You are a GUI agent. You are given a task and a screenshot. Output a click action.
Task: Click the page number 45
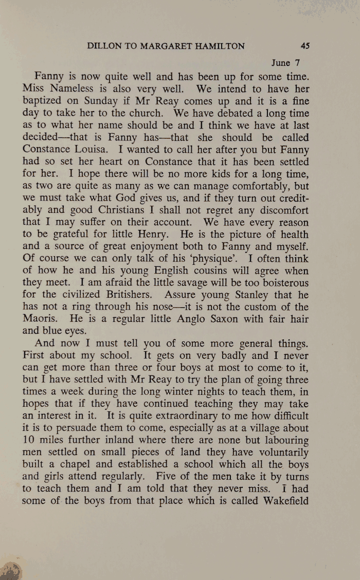pos(305,46)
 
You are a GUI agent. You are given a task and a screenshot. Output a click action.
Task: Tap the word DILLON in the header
pos(104,46)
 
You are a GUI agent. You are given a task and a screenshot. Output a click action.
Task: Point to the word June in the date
pos(280,63)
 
